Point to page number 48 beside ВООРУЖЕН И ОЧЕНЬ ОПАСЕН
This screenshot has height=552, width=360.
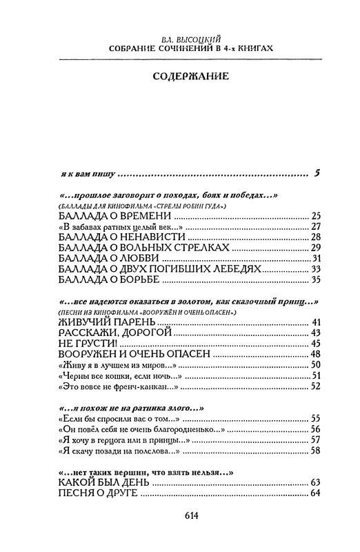tap(316, 354)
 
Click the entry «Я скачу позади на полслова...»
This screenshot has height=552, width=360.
tap(111, 451)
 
